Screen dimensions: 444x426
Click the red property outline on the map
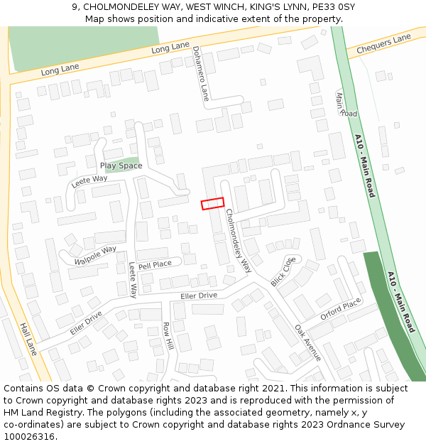coord(212,204)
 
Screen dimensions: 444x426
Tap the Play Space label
coord(121,166)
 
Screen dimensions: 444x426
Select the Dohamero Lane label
coord(201,73)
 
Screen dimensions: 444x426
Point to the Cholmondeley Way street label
coord(239,241)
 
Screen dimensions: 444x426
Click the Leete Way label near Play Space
coord(89,182)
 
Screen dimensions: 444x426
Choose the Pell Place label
coord(155,265)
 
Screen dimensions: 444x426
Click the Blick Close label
coord(282,272)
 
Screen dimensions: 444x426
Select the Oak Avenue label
coord(308,342)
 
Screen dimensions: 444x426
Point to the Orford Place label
coord(341,310)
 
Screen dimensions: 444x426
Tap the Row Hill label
coord(168,336)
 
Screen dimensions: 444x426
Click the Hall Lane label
coord(28,337)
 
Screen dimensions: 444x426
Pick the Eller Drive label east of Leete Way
coord(199,296)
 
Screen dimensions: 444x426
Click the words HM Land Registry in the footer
coord(44,412)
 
